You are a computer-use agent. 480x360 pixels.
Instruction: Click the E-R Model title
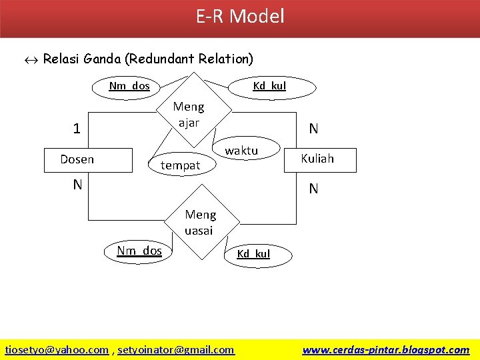point(240,16)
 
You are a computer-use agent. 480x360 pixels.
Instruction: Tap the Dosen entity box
point(87,159)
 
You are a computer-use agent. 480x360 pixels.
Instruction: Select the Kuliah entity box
point(317,159)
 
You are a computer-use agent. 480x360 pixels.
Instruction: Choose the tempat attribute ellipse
point(181,165)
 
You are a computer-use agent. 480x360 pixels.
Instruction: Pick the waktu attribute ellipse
point(241,151)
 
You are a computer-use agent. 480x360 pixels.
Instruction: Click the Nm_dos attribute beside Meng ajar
point(129,86)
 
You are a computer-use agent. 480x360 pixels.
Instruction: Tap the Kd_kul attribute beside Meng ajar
point(269,85)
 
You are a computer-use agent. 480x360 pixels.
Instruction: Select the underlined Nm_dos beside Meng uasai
point(139,251)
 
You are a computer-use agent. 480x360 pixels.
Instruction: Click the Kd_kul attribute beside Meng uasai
point(254,253)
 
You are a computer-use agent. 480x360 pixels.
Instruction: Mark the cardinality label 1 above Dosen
point(77,129)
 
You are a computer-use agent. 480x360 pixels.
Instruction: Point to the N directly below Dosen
point(78,185)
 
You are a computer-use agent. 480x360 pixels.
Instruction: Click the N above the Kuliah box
point(313,129)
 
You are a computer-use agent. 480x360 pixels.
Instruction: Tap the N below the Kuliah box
point(313,189)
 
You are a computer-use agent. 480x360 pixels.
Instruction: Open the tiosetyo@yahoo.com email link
point(57,349)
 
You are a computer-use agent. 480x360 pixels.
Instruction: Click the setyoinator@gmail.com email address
point(176,349)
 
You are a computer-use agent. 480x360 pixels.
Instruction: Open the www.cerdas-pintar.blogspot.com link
point(385,349)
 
